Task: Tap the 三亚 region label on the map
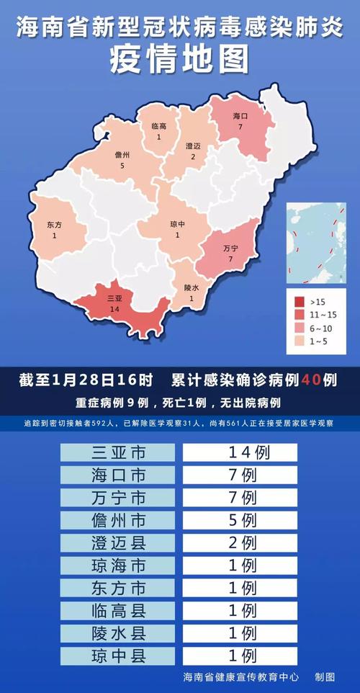(114, 297)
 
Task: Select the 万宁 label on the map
(231, 249)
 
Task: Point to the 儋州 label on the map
(122, 155)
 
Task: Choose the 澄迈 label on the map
(192, 146)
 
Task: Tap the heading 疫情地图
(180, 60)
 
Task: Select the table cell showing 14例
(240, 452)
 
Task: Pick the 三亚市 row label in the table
(117, 452)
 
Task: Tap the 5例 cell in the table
(240, 520)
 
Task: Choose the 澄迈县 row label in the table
(117, 542)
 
